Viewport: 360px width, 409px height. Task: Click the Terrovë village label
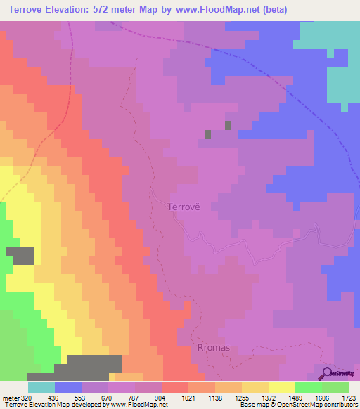click(x=184, y=207)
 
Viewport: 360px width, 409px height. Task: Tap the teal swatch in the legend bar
click(x=41, y=387)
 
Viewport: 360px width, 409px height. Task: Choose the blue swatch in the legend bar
click(x=67, y=387)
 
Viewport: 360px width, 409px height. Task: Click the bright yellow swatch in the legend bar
click(x=281, y=387)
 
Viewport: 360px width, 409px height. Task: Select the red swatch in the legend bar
click(x=174, y=387)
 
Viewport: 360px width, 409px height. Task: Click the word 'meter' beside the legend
click(x=11, y=397)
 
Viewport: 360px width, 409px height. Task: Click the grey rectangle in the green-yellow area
click(x=20, y=256)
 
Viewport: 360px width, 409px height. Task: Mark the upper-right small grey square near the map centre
click(x=228, y=125)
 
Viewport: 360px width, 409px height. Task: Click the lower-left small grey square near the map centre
click(x=207, y=134)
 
